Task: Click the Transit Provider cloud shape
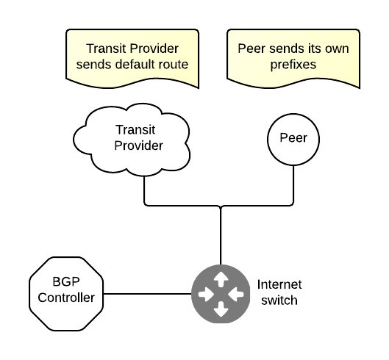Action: point(132,140)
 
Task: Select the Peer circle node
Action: point(293,140)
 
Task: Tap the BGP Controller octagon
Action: point(66,294)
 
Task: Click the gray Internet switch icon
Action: point(221,294)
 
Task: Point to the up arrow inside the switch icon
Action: point(221,279)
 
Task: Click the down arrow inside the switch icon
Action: point(221,309)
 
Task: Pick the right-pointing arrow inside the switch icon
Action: point(206,295)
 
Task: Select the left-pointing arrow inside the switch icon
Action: point(236,295)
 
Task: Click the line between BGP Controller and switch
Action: point(147,294)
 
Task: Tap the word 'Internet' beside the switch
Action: point(279,284)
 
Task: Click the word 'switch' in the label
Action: point(279,300)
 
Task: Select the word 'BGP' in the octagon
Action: point(66,281)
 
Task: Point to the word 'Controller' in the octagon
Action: point(66,298)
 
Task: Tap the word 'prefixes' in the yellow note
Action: point(293,65)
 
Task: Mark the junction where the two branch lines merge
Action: point(221,206)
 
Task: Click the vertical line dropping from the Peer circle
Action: point(293,184)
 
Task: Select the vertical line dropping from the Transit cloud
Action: point(144,190)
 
